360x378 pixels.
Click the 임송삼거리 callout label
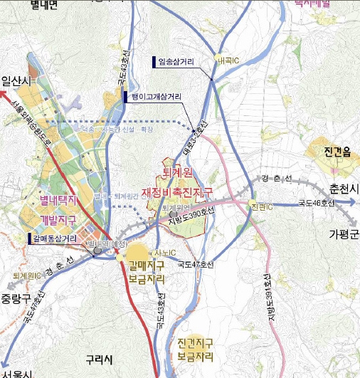(174, 62)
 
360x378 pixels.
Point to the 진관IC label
(261, 206)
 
